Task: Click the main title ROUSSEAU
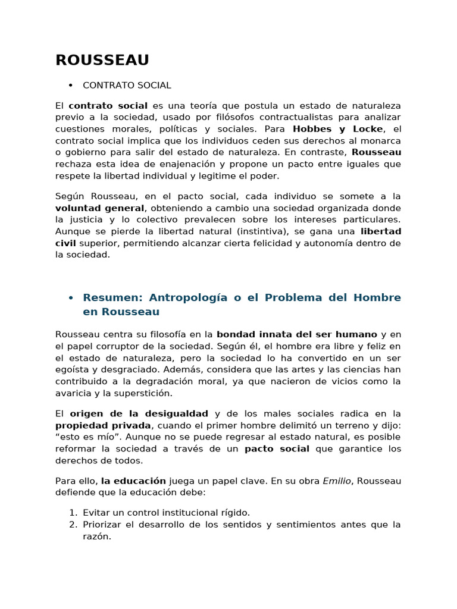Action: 102,61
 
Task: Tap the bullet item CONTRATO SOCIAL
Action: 127,86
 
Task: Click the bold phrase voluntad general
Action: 99,208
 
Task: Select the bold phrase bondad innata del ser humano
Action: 296,334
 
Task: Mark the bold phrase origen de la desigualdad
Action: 139,413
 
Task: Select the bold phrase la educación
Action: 133,481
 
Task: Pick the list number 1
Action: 72,513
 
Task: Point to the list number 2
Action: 72,525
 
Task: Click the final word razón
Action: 96,536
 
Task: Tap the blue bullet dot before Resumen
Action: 71,297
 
